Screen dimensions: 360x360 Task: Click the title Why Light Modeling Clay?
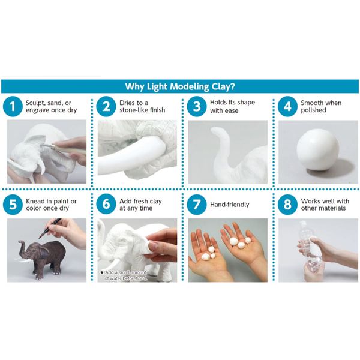coord(180,86)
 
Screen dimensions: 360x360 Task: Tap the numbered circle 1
coord(13,107)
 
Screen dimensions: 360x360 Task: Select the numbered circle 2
coord(106,107)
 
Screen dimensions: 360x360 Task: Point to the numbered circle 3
coord(196,107)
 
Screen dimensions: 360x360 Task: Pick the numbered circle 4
coord(287,107)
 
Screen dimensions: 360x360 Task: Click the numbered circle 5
coord(13,204)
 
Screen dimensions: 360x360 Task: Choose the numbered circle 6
coord(106,204)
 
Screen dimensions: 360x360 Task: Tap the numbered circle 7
coord(196,204)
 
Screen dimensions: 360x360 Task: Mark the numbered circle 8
coord(287,204)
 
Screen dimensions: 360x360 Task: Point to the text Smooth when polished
coord(321,107)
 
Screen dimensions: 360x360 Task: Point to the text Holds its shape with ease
coord(232,107)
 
